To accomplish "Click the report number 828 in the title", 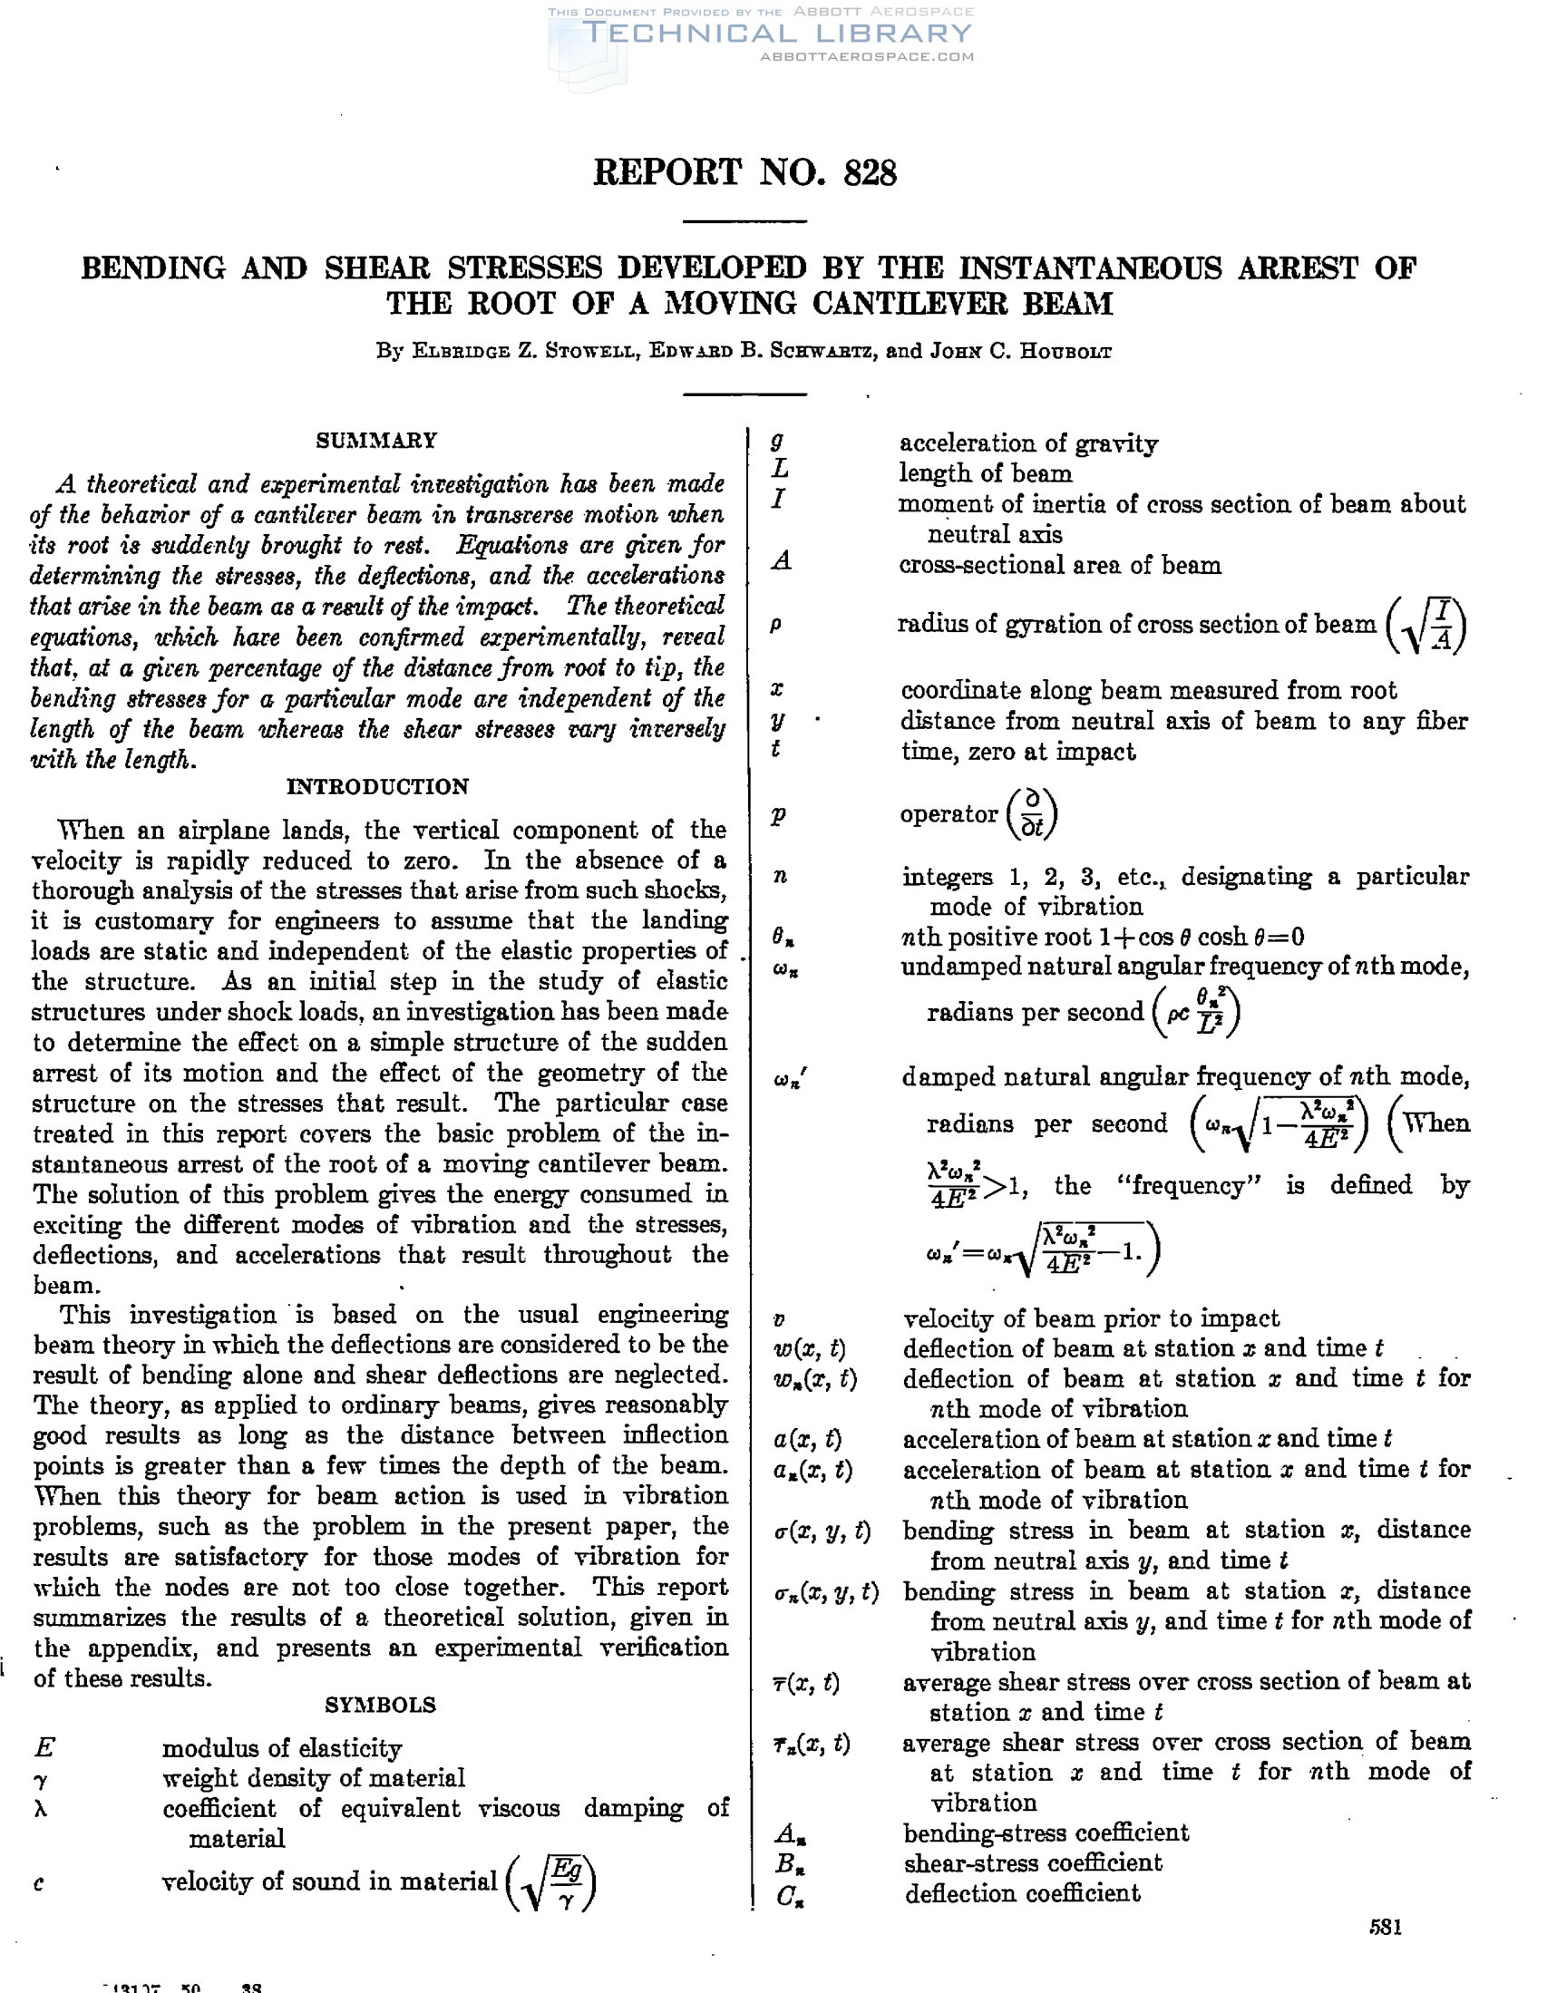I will click(871, 172).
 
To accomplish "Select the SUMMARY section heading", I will click(377, 441).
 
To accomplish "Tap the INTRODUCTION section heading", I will click(377, 787).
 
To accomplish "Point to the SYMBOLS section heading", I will click(380, 1704).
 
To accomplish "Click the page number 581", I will click(1385, 1927).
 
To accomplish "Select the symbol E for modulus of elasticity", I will click(44, 1747).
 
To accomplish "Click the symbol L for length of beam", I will click(781, 471).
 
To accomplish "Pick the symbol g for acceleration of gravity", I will click(778, 442).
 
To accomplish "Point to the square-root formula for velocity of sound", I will click(551, 1882).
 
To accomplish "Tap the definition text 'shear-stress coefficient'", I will click(1032, 1862).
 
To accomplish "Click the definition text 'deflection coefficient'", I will click(1022, 1893).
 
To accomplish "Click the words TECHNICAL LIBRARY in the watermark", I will click(777, 34).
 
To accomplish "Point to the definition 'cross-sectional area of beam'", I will click(1060, 566).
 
